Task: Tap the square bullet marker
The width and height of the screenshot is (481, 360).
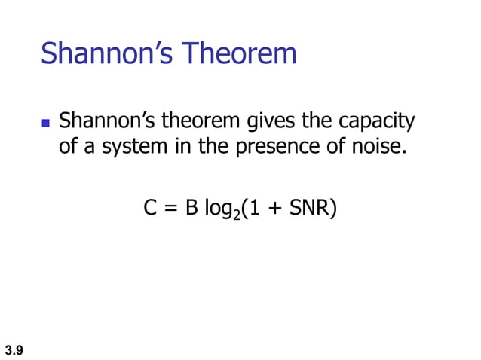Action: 45,122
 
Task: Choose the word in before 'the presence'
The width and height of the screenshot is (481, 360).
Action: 183,145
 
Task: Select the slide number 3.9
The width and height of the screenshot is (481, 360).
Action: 14,349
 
